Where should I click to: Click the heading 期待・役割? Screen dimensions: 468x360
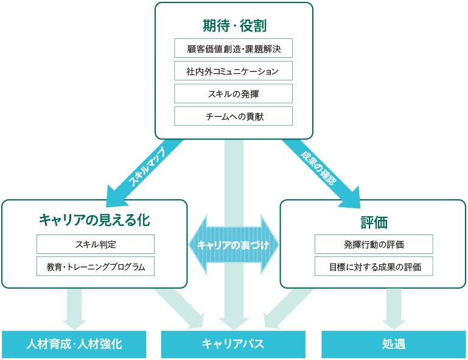(x=234, y=26)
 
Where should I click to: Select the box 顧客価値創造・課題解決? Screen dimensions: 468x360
(x=234, y=48)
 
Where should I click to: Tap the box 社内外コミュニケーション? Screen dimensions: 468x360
(x=234, y=71)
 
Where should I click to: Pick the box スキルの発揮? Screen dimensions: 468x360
(x=234, y=94)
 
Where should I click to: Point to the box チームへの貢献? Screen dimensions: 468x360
(x=234, y=116)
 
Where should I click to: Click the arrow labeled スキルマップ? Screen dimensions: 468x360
(x=145, y=173)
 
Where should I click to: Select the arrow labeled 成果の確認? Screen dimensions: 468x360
(x=321, y=174)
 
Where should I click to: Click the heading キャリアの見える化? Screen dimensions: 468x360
(x=94, y=220)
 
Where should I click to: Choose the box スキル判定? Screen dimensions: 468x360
(x=96, y=244)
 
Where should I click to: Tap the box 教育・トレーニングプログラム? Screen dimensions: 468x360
(x=96, y=266)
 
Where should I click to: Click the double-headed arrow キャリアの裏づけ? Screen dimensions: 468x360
(x=234, y=245)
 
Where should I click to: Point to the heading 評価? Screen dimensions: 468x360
(x=374, y=222)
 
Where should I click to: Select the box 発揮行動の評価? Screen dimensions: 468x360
(x=374, y=244)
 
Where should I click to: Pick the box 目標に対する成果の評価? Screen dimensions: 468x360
(x=374, y=266)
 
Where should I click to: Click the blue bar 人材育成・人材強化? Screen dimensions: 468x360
(x=74, y=344)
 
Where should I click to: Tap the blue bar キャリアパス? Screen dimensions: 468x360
(x=233, y=344)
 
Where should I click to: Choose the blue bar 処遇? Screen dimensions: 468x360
(x=393, y=344)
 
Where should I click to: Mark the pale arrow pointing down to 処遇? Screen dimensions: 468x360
(x=394, y=309)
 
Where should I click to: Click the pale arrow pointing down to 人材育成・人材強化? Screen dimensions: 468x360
(x=74, y=309)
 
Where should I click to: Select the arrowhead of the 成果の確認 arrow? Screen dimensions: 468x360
(x=352, y=199)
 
